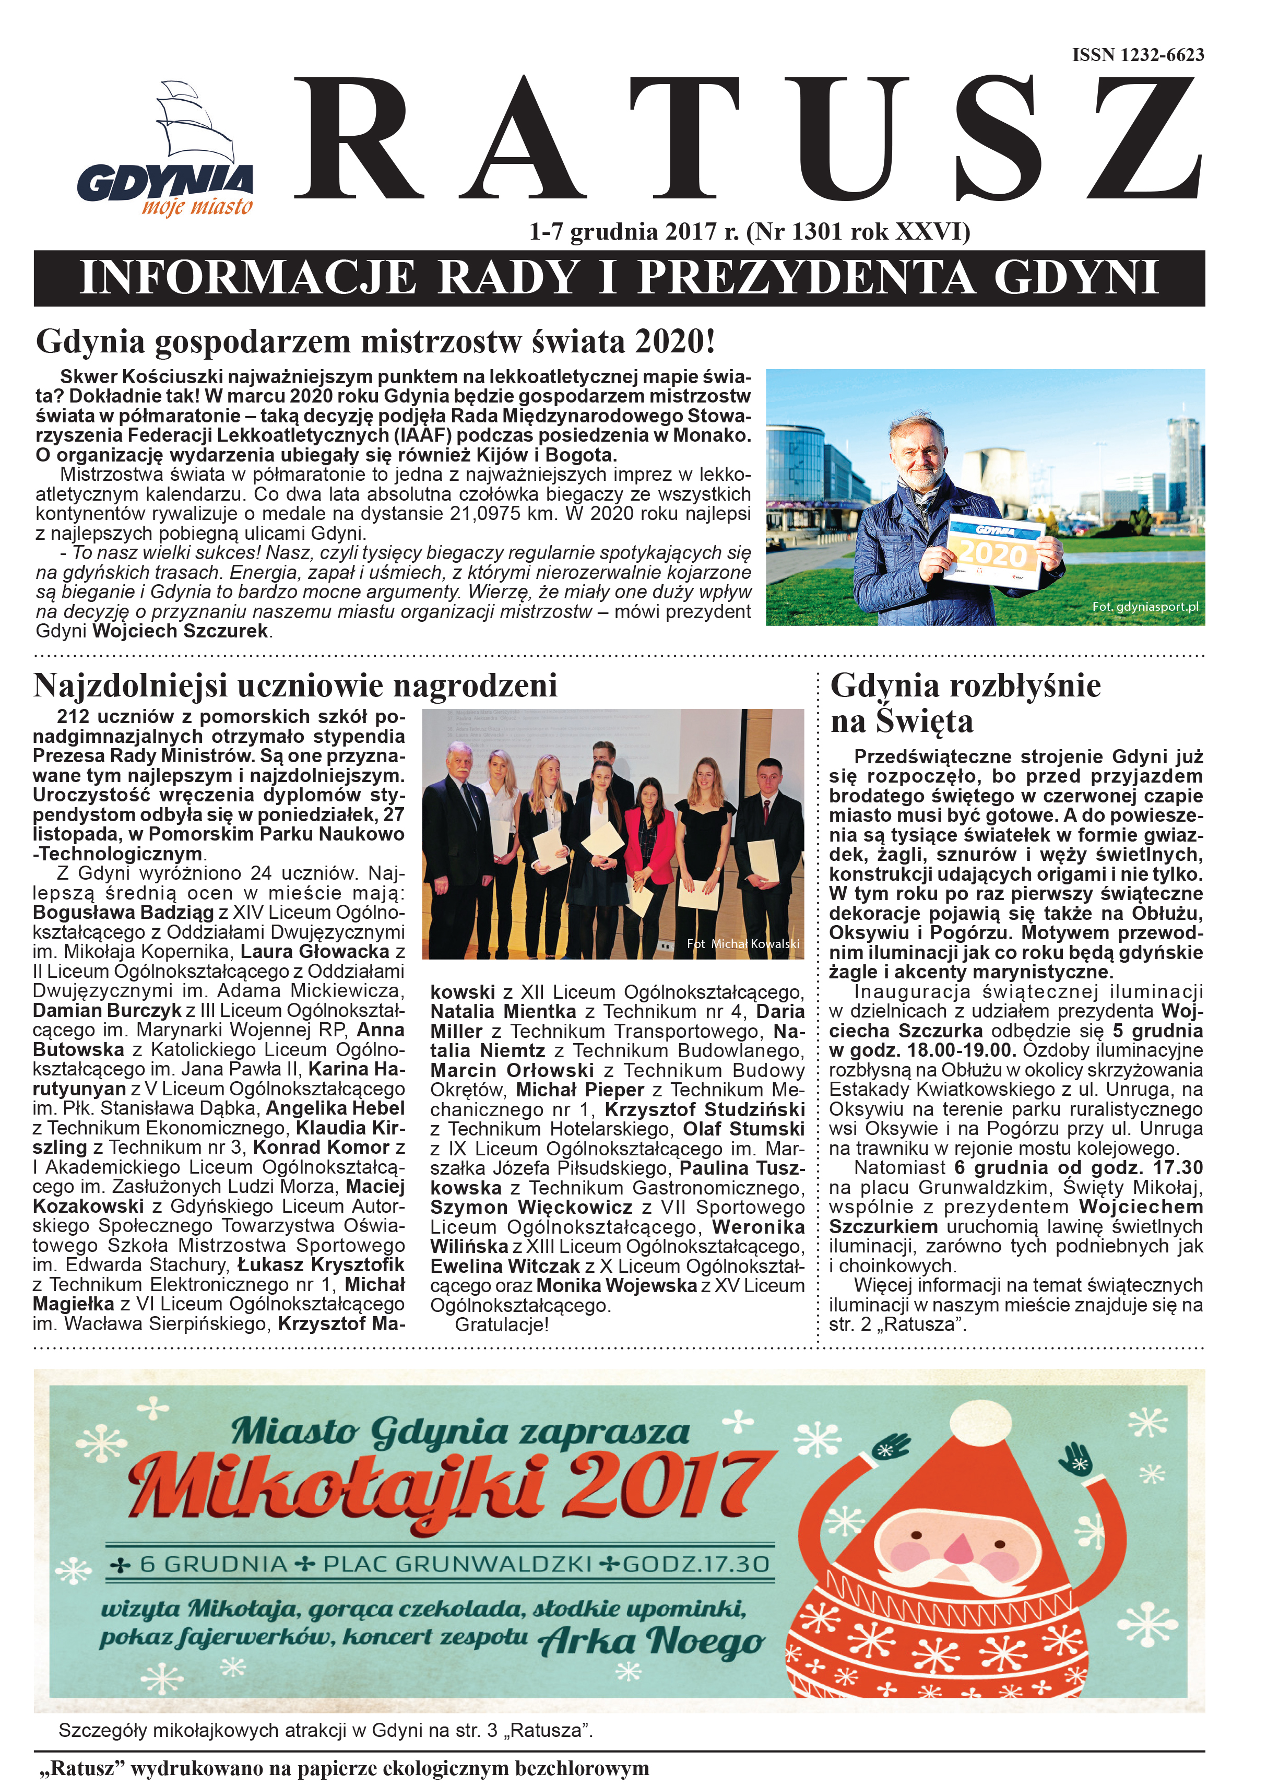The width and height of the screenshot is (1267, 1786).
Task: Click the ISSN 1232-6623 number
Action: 1138,55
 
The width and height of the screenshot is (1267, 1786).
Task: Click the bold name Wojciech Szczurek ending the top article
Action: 180,631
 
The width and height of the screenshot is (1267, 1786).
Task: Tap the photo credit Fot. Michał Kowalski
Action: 743,943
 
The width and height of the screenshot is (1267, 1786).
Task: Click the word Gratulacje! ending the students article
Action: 502,1325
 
